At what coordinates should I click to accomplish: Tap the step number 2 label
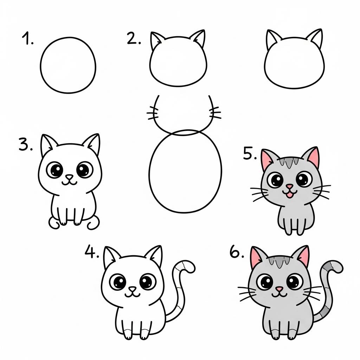(x=134, y=39)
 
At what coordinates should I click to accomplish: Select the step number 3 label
(x=26, y=145)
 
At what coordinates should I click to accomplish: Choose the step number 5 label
(x=250, y=154)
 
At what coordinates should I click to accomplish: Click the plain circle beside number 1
(x=68, y=65)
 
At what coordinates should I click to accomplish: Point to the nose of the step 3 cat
(x=70, y=177)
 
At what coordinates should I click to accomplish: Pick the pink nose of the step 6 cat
(x=279, y=289)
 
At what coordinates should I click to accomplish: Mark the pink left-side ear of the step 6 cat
(x=258, y=256)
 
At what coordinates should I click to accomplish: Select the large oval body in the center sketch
(x=185, y=172)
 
